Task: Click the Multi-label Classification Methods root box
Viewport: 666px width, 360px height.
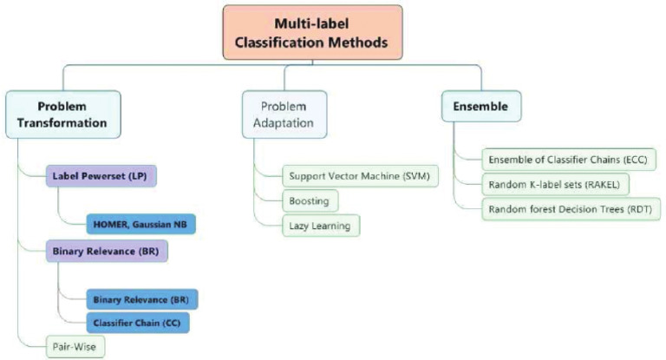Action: (x=312, y=32)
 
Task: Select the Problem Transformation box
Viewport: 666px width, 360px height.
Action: (x=62, y=115)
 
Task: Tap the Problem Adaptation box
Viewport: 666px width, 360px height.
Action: (x=284, y=115)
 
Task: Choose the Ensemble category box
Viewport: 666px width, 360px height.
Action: (x=481, y=106)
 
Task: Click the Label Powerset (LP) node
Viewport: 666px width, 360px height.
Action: (x=101, y=176)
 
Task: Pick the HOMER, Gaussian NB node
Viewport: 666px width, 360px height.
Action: (x=141, y=224)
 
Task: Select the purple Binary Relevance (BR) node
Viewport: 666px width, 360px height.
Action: (x=107, y=252)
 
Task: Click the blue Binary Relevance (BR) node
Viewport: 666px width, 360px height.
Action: (x=142, y=299)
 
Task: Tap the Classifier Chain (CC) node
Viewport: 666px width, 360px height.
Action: (x=138, y=323)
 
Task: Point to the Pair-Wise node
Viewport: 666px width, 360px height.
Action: (x=75, y=347)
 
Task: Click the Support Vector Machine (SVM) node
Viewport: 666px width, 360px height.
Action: (x=360, y=176)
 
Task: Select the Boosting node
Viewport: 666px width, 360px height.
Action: (x=310, y=201)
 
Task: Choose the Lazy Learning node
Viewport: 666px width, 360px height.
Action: (x=321, y=226)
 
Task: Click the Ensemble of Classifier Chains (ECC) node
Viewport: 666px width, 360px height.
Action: (x=569, y=160)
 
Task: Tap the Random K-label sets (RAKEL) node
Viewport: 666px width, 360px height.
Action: (x=555, y=185)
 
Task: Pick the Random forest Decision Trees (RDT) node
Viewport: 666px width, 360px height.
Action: (x=571, y=209)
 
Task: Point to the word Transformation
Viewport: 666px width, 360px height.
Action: (x=62, y=123)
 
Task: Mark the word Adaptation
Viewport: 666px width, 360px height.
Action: (x=284, y=123)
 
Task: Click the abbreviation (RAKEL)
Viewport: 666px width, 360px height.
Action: (x=603, y=185)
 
